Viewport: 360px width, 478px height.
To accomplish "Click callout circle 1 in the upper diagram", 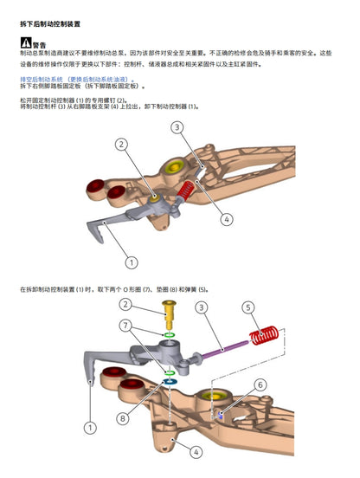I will (x=132, y=262).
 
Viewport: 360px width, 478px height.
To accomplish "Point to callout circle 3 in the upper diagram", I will (x=177, y=128).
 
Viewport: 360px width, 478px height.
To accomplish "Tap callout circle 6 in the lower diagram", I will (x=260, y=384).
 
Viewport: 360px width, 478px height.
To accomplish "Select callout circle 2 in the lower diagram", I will (x=127, y=304).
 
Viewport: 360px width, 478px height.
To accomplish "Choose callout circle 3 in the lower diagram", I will (x=200, y=307).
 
